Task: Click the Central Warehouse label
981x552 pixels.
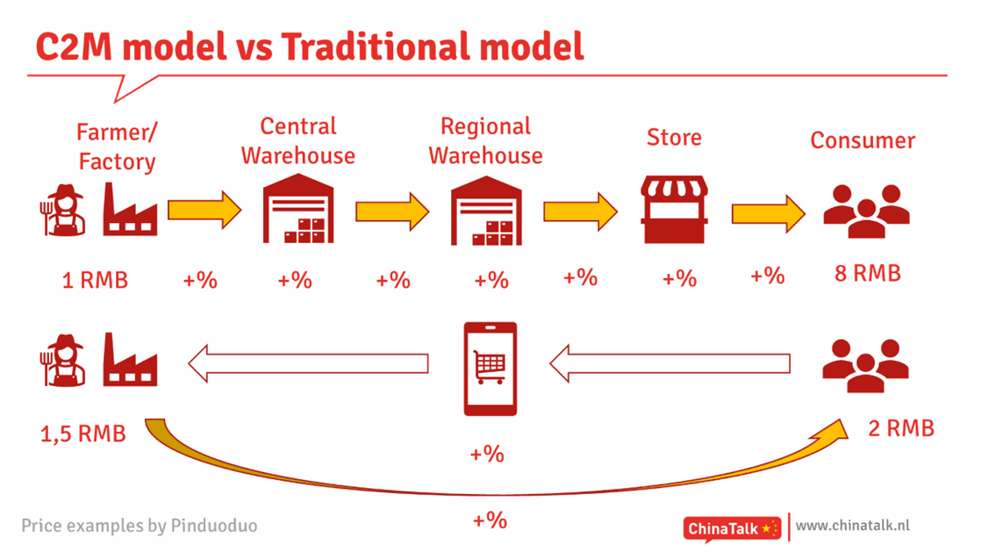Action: coord(297,140)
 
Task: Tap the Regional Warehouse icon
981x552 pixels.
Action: coord(486,211)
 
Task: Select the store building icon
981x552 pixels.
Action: coord(674,209)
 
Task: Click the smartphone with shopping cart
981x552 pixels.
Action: coord(490,369)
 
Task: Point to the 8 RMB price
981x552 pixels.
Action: coord(868,274)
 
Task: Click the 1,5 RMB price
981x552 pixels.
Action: coord(83,434)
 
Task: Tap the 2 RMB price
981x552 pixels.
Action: coord(901,429)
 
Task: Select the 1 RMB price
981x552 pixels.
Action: coord(95,280)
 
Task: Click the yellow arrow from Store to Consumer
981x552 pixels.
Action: coord(769,214)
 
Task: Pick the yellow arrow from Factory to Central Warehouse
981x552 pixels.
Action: coord(204,210)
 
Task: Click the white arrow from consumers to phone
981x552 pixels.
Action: coord(670,363)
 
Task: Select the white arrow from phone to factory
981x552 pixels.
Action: coord(308,363)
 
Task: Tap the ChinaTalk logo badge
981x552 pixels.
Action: coord(732,529)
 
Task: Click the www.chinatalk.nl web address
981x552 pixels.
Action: coord(853,526)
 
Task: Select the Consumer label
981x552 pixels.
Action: coord(863,140)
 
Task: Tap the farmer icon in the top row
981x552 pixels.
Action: coord(63,210)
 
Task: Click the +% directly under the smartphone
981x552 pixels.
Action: coord(487,454)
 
